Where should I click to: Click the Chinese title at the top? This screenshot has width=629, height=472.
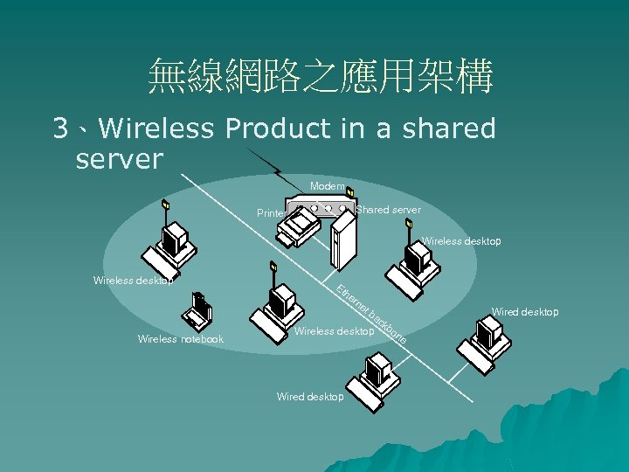pyautogui.click(x=321, y=77)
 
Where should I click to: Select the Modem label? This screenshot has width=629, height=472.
pyautogui.click(x=327, y=186)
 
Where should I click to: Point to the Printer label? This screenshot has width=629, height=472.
pyautogui.click(x=271, y=213)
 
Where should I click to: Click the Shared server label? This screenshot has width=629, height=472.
pyautogui.click(x=389, y=210)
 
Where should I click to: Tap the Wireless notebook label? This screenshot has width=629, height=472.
pyautogui.click(x=181, y=339)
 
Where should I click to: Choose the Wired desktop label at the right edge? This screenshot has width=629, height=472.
pyautogui.click(x=525, y=311)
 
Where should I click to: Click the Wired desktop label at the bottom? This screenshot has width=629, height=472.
pyautogui.click(x=310, y=397)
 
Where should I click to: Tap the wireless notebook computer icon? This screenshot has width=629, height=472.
pyautogui.click(x=196, y=310)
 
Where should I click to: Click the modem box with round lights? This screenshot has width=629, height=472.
pyautogui.click(x=321, y=209)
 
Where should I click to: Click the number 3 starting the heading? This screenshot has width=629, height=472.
pyautogui.click(x=60, y=129)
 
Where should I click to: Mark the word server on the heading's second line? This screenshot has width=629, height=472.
pyautogui.click(x=120, y=159)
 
